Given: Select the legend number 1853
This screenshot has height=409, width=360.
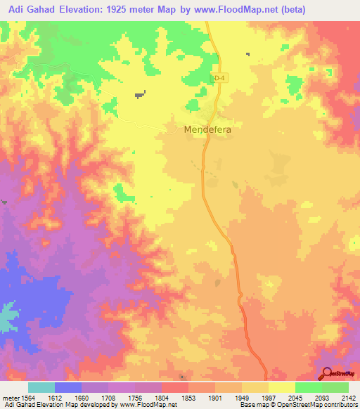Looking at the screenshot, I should tap(188, 398).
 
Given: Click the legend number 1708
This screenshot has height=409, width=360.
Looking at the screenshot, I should tap(108, 398).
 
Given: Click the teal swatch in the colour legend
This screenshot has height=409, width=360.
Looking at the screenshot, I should tap(41, 387).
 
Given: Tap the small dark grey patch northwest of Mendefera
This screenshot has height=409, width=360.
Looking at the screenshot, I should tap(140, 92).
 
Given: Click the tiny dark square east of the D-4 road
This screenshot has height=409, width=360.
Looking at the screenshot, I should tap(247, 54).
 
